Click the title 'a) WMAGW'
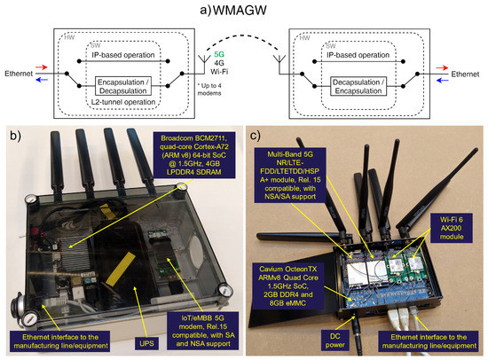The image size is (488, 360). click(x=243, y=10)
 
